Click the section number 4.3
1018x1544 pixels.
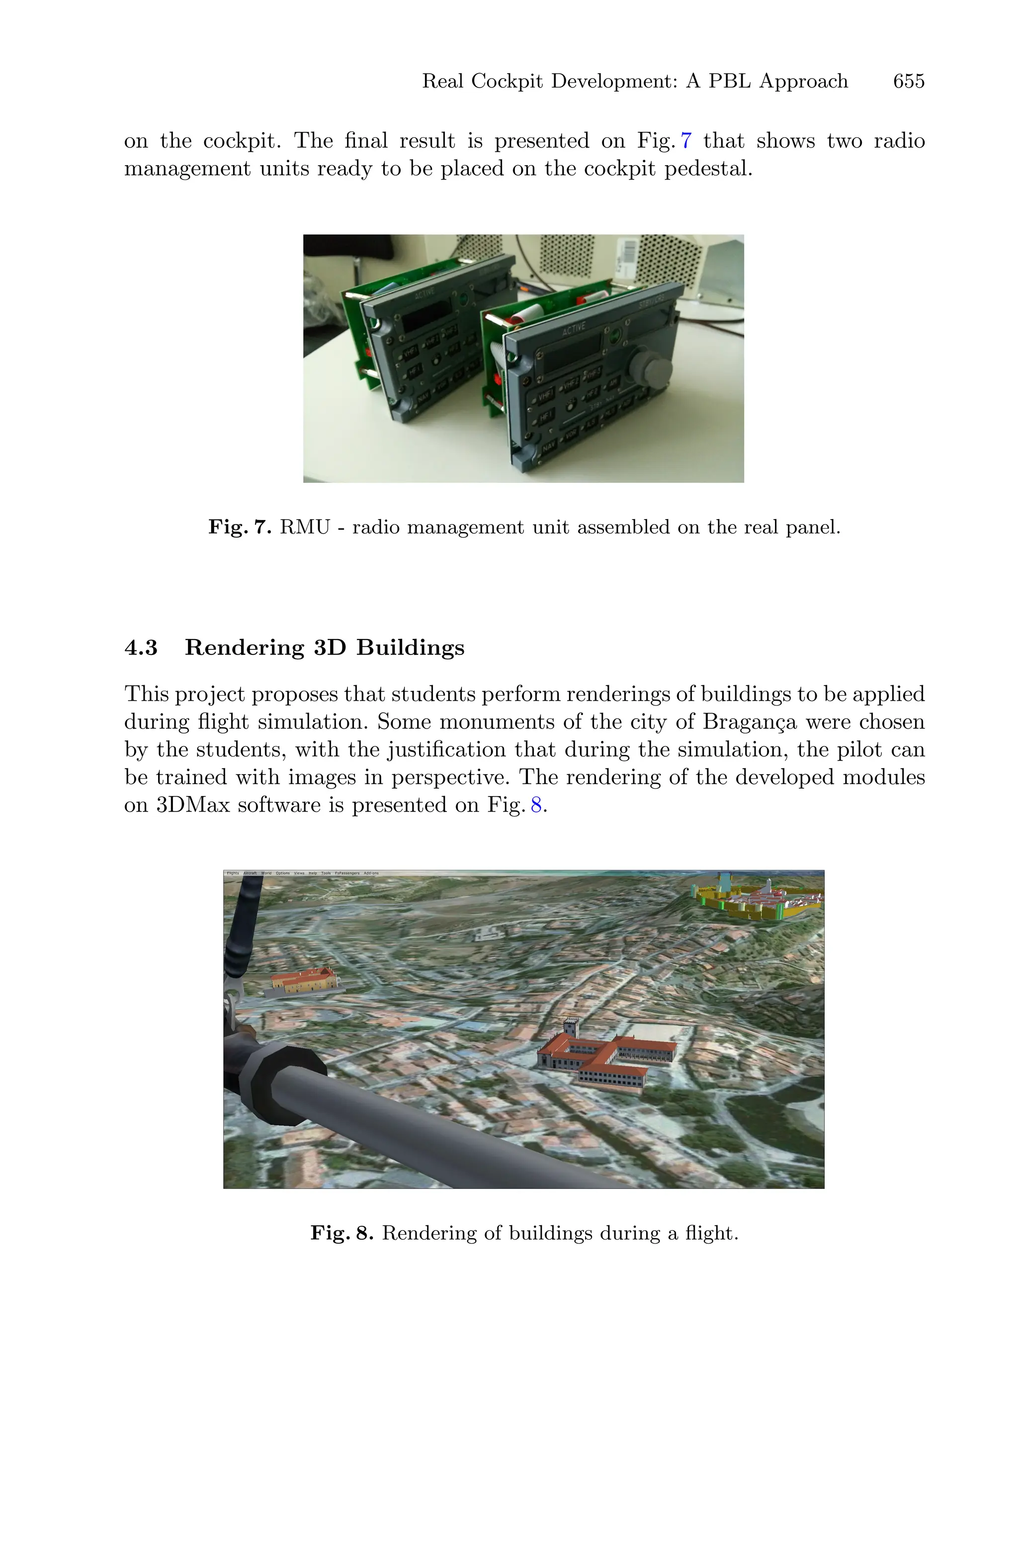141,647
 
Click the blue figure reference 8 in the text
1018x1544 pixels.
536,805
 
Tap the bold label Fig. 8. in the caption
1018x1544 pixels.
341,1233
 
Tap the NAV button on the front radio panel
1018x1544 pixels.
549,446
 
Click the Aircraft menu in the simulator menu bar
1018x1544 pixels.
250,873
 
